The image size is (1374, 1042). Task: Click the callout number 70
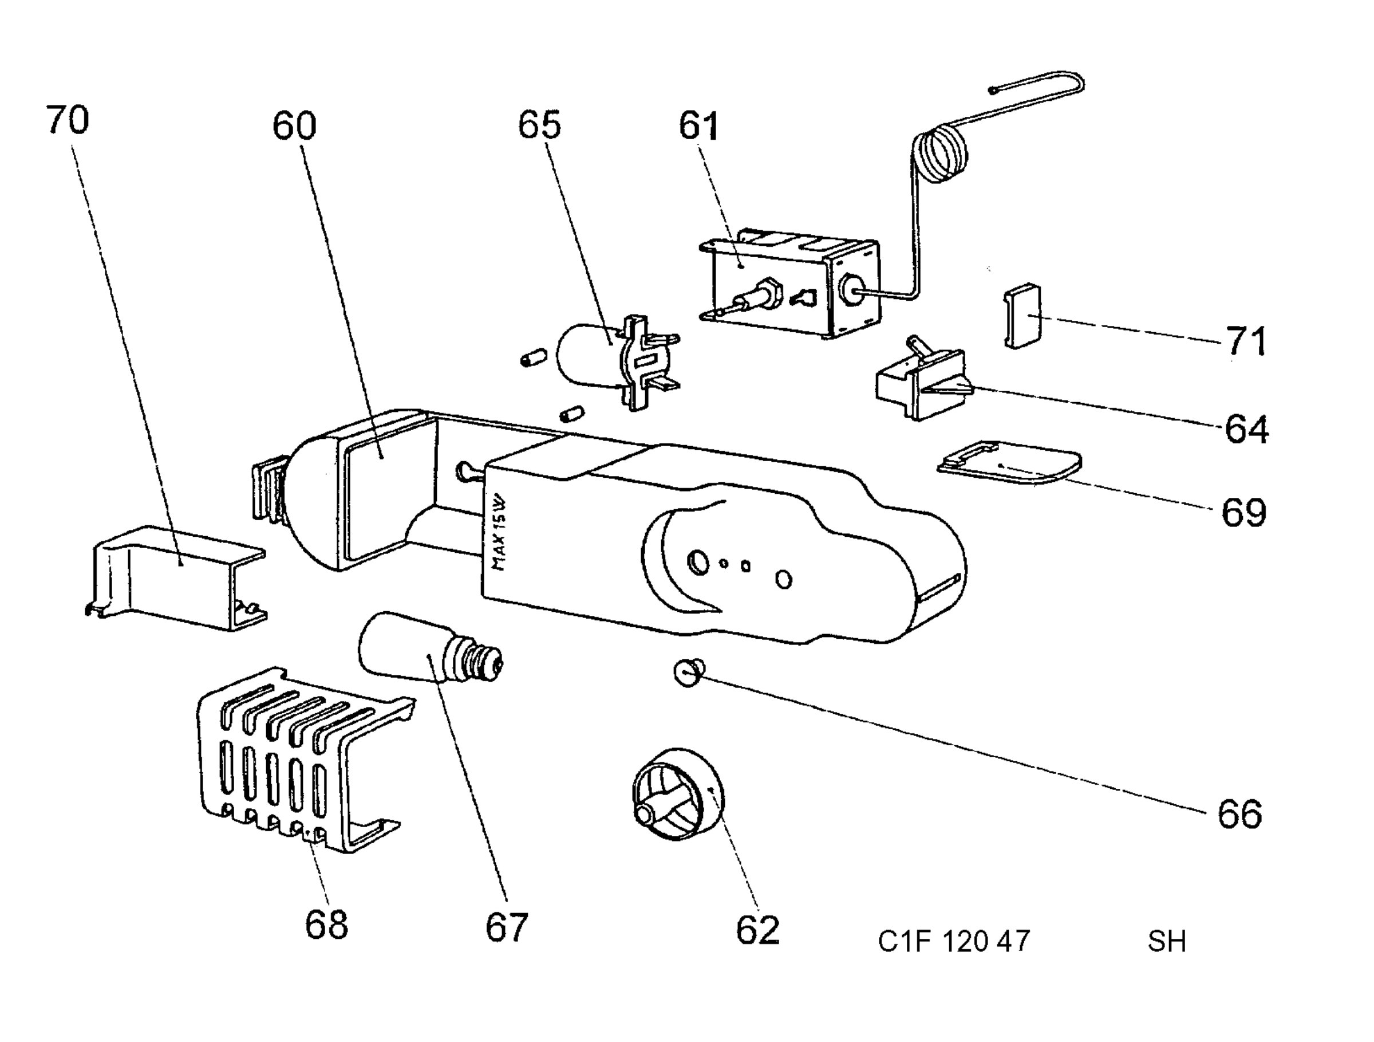click(x=68, y=120)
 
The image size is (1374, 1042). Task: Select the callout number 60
click(x=294, y=125)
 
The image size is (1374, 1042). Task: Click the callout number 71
click(x=1245, y=341)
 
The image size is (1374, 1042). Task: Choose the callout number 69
click(x=1243, y=513)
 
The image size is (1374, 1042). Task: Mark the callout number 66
click(x=1240, y=813)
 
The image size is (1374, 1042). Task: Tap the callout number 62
click(x=757, y=930)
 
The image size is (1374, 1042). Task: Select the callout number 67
click(x=506, y=927)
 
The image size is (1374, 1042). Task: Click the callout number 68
click(x=326, y=924)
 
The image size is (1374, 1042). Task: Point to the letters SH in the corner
click(x=1167, y=941)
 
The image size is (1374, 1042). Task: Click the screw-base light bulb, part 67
click(x=429, y=651)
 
